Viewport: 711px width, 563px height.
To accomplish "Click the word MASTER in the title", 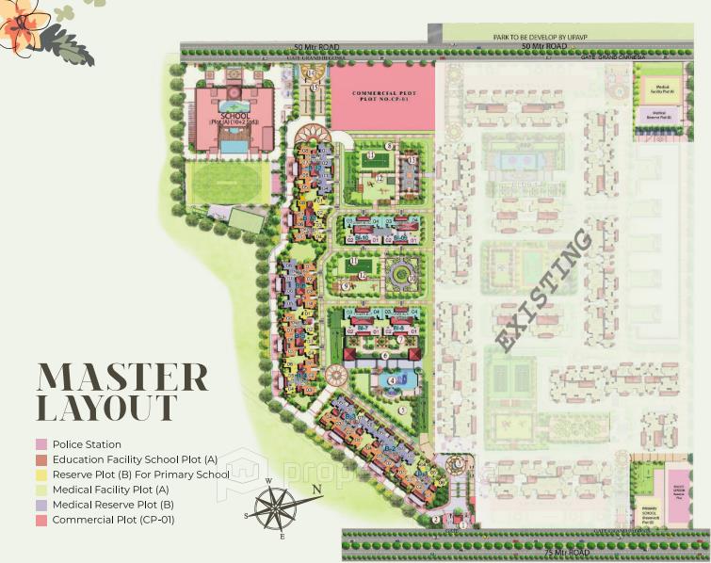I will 121,377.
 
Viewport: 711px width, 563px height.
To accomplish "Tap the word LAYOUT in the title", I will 105,409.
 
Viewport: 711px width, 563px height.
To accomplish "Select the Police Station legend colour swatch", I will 41,444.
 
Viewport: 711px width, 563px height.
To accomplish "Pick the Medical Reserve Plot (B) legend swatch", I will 41,505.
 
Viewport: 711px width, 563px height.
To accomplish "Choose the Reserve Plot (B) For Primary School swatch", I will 41,475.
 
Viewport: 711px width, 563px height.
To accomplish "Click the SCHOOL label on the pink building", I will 231,116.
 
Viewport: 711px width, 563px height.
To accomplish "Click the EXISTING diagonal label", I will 544,291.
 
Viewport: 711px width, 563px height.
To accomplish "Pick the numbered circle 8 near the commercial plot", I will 389,146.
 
